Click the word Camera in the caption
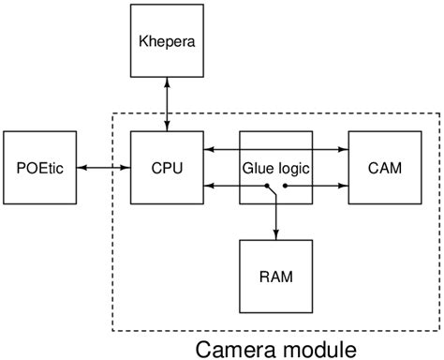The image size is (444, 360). click(234, 349)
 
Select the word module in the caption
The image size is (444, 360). click(315, 349)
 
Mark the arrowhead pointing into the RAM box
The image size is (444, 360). click(275, 234)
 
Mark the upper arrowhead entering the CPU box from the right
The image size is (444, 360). click(208, 147)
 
